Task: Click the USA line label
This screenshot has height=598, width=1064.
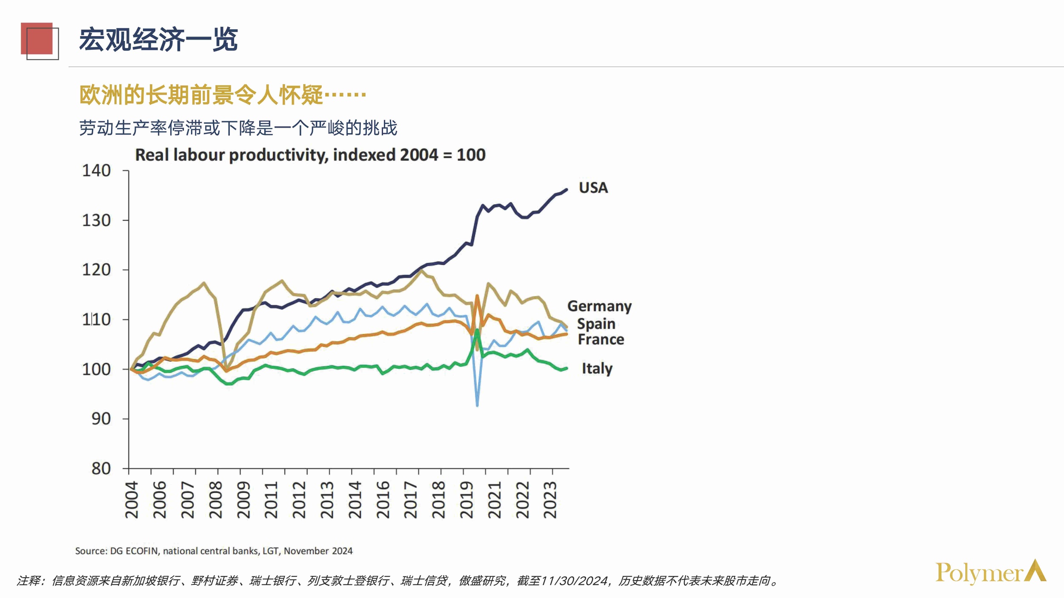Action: click(593, 188)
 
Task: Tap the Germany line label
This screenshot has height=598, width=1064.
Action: click(599, 306)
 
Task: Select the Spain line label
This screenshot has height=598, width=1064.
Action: click(596, 324)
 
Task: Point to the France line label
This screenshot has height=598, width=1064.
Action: click(601, 339)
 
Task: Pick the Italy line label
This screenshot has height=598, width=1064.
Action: click(597, 368)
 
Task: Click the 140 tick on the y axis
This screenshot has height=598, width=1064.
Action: click(96, 171)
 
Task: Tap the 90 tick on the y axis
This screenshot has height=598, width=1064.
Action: click(101, 419)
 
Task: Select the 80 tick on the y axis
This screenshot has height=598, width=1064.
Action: click(101, 469)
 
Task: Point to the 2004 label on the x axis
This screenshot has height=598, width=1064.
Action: click(132, 500)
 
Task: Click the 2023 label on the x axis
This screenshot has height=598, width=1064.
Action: click(550, 500)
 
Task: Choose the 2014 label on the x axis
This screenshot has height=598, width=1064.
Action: click(355, 500)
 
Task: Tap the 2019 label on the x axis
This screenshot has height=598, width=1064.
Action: click(466, 500)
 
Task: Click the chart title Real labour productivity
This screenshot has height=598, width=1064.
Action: click(310, 155)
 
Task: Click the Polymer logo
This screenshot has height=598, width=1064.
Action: click(990, 572)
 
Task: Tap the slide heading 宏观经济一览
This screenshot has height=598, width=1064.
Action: click(158, 40)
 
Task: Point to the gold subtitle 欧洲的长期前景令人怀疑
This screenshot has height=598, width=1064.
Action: click(222, 95)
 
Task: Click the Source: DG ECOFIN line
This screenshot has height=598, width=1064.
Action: click(214, 551)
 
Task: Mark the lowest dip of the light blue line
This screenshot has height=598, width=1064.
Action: click(477, 405)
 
